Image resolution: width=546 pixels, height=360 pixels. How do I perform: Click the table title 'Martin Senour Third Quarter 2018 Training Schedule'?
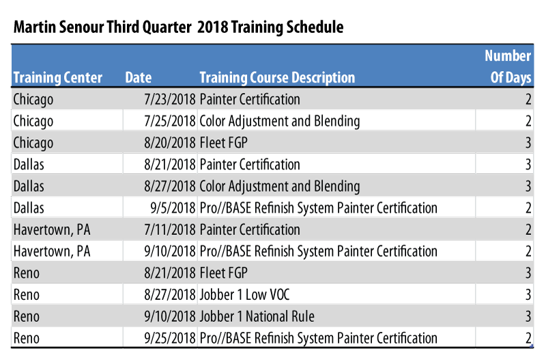(x=178, y=27)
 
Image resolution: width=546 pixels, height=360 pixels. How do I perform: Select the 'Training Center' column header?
(x=58, y=78)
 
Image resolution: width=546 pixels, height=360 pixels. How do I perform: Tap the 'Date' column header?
(x=139, y=78)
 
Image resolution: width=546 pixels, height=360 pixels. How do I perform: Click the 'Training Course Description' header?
(x=277, y=78)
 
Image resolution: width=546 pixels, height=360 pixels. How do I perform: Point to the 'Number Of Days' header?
(x=509, y=67)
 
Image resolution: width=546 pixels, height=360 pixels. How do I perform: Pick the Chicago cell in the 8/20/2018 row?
(x=33, y=143)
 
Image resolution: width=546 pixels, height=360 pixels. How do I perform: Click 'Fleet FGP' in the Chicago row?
(x=223, y=143)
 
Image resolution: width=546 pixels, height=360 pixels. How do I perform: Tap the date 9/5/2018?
(x=173, y=208)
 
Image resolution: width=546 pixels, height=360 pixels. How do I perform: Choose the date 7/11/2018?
(x=170, y=230)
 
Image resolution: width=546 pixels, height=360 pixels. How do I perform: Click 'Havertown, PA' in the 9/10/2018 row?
(x=52, y=251)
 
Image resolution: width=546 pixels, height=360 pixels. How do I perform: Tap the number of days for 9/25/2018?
(x=528, y=338)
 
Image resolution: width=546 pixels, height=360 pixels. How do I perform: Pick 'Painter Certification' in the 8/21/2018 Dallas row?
(x=250, y=165)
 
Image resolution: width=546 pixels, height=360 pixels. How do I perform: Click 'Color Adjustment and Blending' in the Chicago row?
(x=280, y=122)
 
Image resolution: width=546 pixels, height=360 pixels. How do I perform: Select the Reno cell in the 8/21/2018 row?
(x=27, y=273)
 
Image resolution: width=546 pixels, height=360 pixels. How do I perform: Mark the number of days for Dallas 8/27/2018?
(x=528, y=186)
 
